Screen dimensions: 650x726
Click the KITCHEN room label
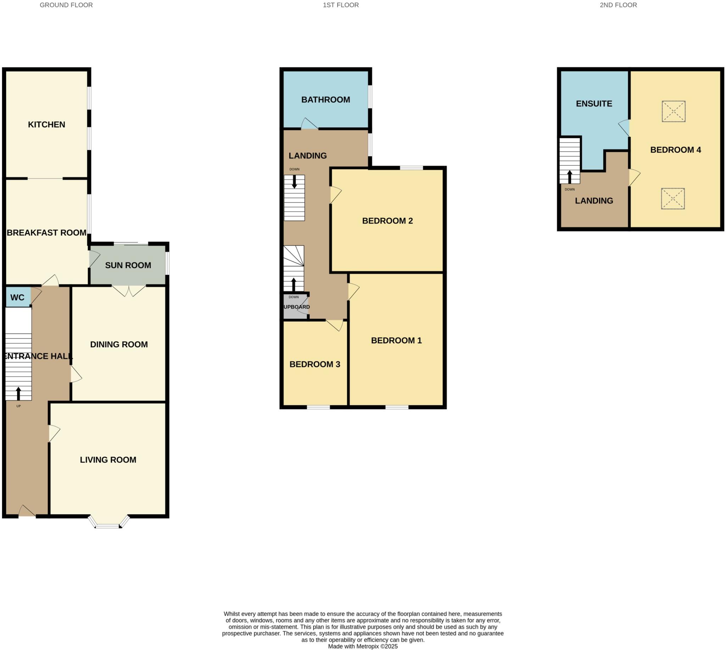[46, 125]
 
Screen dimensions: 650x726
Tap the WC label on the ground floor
[17, 297]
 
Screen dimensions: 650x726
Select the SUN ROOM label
[128, 265]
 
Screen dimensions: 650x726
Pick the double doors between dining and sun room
[129, 290]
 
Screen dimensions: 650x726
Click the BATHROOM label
[325, 100]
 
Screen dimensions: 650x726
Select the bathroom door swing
[309, 123]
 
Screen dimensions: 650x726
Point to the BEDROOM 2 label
[387, 221]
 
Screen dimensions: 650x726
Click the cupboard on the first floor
[296, 307]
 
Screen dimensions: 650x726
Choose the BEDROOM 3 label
[315, 364]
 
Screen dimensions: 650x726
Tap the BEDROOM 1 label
[396, 340]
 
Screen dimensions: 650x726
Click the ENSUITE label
[594, 104]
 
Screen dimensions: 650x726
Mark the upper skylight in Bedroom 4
[673, 111]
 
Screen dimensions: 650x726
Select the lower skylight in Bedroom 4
[672, 199]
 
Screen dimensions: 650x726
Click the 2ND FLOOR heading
[618, 5]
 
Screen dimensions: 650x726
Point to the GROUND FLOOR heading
[66, 5]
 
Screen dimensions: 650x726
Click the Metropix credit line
[362, 646]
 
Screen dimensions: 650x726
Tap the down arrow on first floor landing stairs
[294, 181]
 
